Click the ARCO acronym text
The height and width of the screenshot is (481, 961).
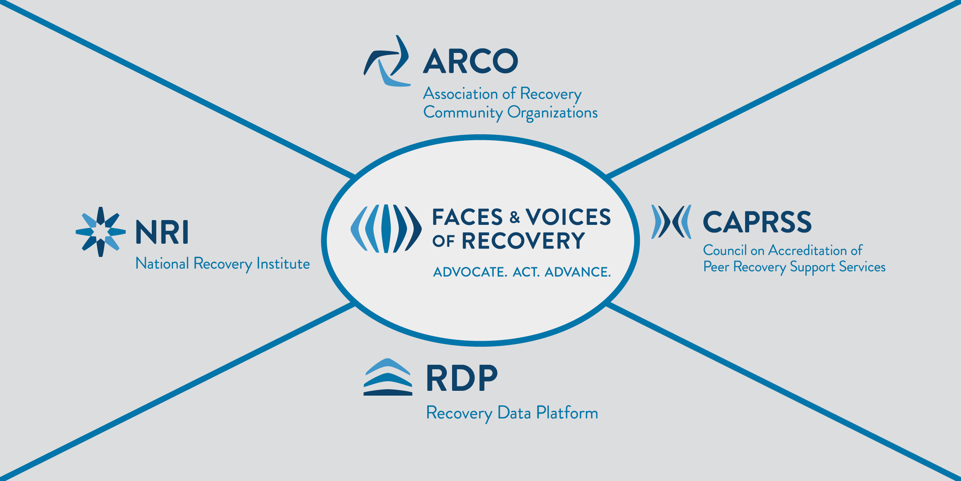[470, 61]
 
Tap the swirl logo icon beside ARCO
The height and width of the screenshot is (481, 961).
[387, 61]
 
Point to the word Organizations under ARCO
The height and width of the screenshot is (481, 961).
[553, 113]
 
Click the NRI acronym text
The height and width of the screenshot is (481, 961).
[162, 232]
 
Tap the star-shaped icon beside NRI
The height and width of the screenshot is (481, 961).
[101, 232]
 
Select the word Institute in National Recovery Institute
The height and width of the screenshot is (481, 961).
[283, 264]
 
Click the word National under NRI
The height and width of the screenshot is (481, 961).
[162, 264]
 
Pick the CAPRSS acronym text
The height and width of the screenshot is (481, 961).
[757, 222]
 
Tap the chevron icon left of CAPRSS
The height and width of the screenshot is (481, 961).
[671, 222]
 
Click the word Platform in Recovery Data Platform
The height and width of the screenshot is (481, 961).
[567, 413]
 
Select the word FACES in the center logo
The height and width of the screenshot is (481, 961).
[467, 218]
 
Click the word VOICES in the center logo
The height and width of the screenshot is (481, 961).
[568, 218]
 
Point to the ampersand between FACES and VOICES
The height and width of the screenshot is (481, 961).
[515, 218]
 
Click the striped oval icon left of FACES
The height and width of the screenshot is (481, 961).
[386, 229]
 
